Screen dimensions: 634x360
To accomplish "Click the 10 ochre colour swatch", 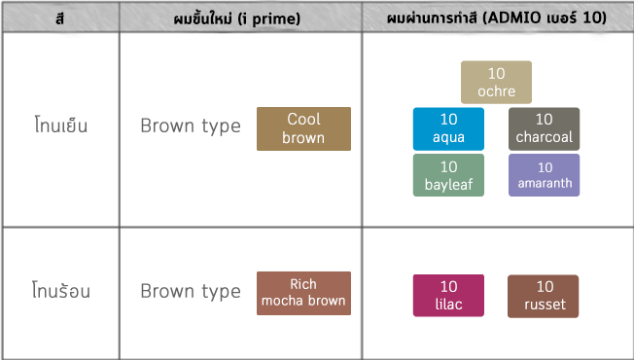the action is (496, 83).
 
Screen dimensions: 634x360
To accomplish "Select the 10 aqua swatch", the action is (448, 128).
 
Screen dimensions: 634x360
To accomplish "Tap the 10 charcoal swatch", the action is (544, 128).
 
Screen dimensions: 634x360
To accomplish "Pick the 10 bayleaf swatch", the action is (448, 175).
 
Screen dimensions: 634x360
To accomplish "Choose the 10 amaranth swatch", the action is (544, 175).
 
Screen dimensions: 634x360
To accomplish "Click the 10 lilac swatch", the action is (448, 296).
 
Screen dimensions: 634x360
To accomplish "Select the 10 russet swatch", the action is (544, 296).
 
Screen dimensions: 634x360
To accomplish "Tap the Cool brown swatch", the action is (303, 128).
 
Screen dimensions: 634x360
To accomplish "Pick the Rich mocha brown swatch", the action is (303, 293).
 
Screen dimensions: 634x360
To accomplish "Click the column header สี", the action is (59, 18).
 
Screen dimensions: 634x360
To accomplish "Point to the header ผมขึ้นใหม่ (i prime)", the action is (240, 18).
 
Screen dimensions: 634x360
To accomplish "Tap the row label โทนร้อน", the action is (60, 289).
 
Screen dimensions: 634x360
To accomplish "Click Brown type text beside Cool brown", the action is (190, 126).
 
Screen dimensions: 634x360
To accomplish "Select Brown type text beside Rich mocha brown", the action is (190, 291).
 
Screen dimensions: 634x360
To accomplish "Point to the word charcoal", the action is (544, 137).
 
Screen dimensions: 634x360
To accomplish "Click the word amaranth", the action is (544, 183).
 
